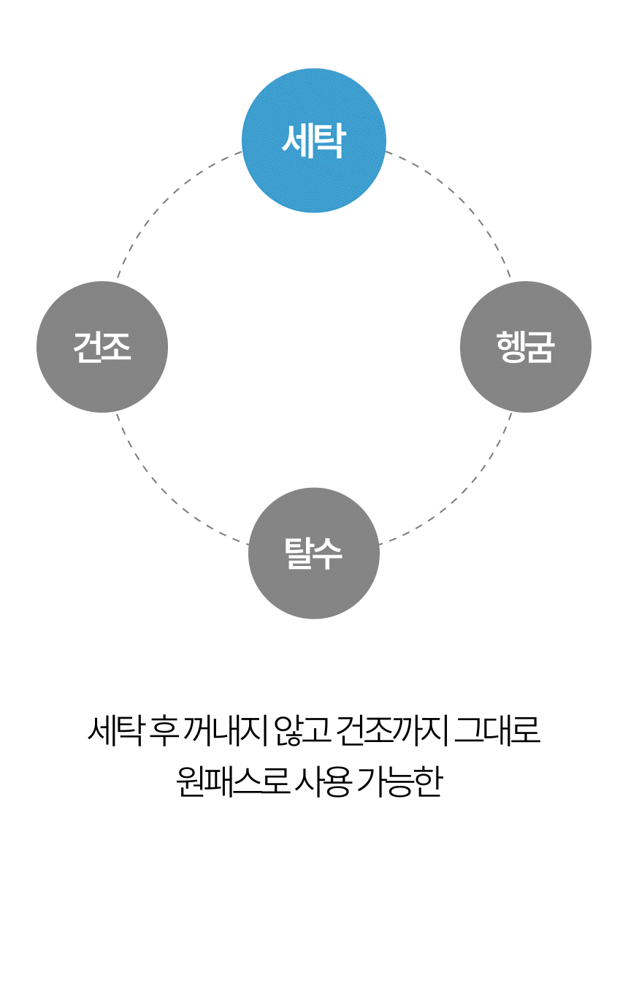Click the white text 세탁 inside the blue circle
[313, 140]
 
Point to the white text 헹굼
[525, 346]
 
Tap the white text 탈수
[313, 553]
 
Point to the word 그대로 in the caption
[497, 731]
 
